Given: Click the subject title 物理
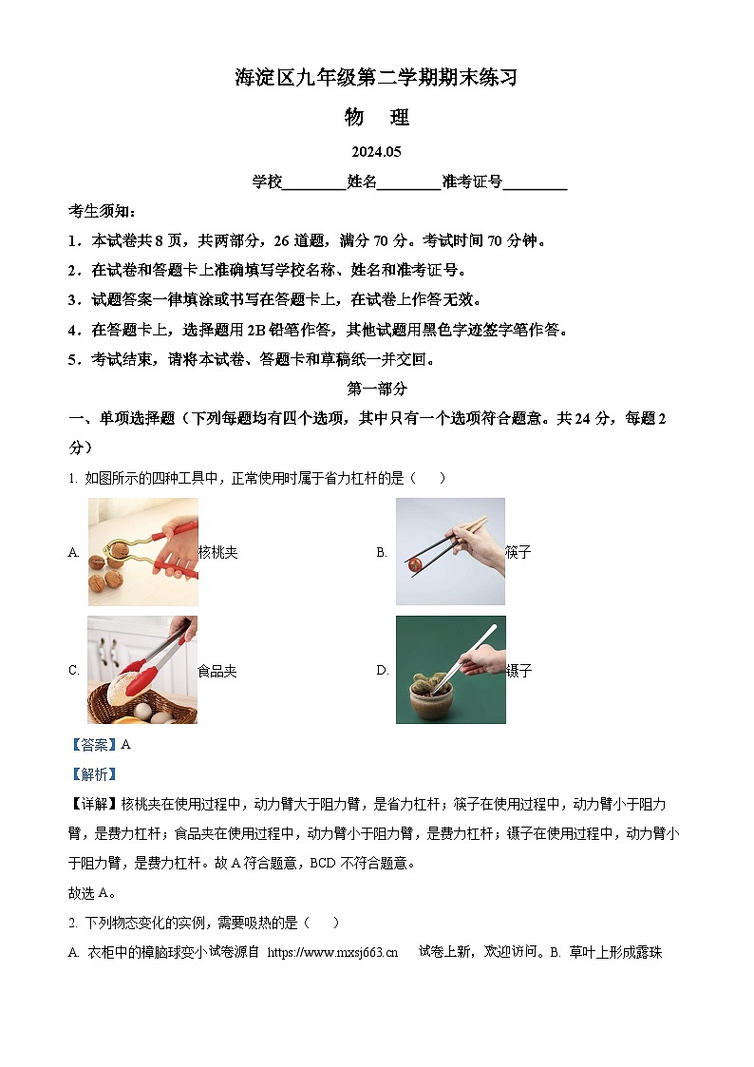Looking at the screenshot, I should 377,118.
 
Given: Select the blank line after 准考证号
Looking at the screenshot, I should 535,184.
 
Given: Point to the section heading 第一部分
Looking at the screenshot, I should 377,389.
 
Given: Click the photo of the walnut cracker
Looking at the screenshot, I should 143,551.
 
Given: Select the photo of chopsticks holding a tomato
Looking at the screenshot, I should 450,551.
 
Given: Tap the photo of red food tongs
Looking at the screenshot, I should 142,670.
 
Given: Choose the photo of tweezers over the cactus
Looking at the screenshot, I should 450,670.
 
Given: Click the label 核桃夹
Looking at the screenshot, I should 217,552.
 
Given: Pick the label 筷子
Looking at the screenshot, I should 518,552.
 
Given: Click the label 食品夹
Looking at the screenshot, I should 217,671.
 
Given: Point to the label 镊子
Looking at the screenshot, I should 519,671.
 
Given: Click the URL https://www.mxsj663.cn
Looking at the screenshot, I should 332,952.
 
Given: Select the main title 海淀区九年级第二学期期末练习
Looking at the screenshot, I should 377,79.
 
